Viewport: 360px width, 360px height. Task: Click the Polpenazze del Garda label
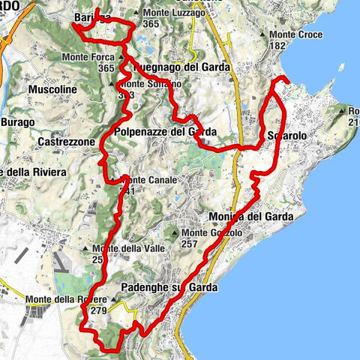pyautogui.click(x=166, y=132)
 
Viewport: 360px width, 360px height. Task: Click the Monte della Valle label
pyautogui.click(x=124, y=249)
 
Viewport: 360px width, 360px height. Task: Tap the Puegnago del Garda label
pyautogui.click(x=182, y=67)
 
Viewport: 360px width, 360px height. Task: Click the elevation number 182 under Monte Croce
pyautogui.click(x=278, y=46)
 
